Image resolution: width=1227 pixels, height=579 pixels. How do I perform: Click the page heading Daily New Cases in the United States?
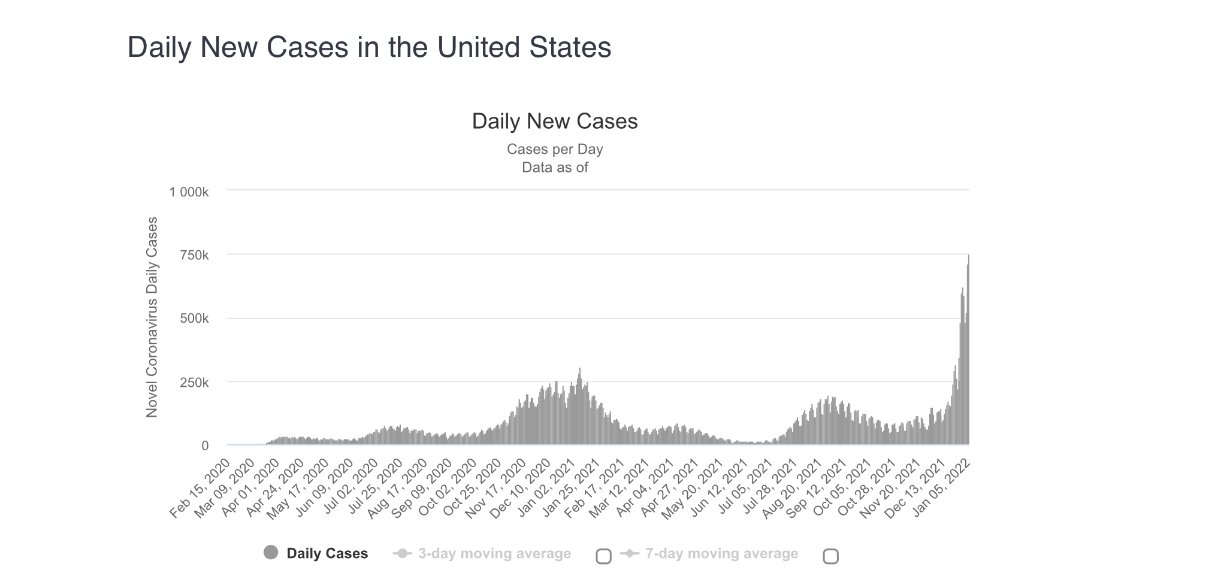click(x=369, y=47)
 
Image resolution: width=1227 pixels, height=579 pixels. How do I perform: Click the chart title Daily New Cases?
click(x=554, y=121)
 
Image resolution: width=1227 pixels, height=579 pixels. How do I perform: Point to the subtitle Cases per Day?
click(x=554, y=149)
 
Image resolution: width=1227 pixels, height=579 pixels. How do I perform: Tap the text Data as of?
click(x=554, y=168)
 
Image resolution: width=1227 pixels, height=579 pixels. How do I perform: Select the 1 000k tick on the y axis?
click(x=189, y=192)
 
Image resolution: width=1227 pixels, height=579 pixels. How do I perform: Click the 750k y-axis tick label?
click(x=194, y=256)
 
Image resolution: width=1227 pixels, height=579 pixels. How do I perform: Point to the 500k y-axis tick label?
click(x=194, y=319)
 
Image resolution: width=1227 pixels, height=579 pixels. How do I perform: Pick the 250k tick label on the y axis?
click(x=194, y=383)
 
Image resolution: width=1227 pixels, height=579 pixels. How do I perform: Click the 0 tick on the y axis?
click(x=205, y=445)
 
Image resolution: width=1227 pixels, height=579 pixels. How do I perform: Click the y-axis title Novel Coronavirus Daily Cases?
click(x=152, y=317)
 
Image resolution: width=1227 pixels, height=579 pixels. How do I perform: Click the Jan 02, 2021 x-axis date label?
click(x=546, y=487)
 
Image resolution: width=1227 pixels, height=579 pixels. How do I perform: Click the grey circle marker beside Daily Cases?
click(x=271, y=553)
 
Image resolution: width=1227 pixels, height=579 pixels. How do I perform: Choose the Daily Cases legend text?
click(x=327, y=553)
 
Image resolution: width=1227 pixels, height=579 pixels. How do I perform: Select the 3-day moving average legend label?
click(x=494, y=553)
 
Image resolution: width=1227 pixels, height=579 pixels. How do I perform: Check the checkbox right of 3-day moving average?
click(x=603, y=556)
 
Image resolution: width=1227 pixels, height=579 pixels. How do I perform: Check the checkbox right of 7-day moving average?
click(x=830, y=556)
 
